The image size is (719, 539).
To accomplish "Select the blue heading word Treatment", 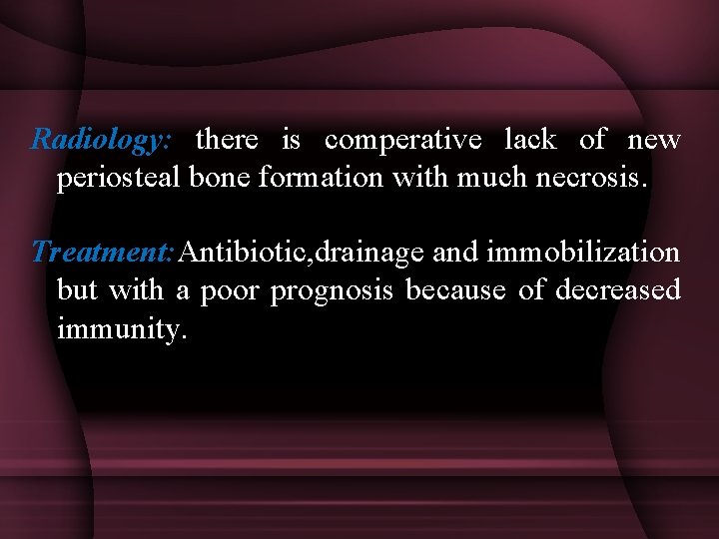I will (x=103, y=253).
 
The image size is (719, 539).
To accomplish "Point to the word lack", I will (x=529, y=141).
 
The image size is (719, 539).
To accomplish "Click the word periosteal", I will (x=115, y=180).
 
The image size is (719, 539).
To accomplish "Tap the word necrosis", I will (x=591, y=180).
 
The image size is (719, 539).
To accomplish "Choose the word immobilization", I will (x=583, y=253).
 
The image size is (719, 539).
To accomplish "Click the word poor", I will (x=230, y=291).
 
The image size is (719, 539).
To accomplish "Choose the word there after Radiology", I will (x=228, y=141).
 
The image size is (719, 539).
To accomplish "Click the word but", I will (x=78, y=290).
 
